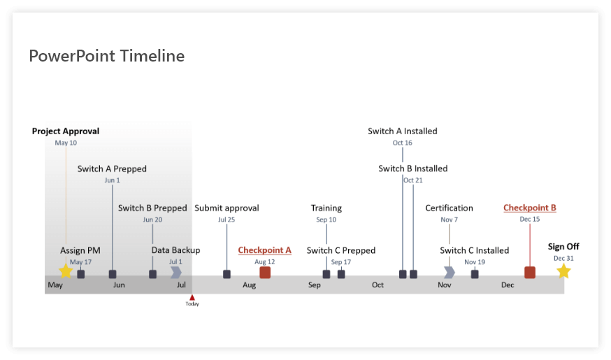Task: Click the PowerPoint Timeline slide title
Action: (107, 56)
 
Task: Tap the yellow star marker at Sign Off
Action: (563, 271)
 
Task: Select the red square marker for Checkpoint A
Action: (265, 273)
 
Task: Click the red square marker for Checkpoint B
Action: (530, 273)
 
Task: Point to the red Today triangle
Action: (192, 297)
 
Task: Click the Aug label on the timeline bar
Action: (250, 285)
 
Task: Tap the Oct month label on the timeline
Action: (378, 285)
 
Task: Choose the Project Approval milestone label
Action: (66, 131)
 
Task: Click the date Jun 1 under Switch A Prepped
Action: (113, 180)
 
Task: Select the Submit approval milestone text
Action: (227, 208)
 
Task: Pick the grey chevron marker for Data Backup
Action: (175, 273)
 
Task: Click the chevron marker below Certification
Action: (450, 273)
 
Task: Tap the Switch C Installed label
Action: (474, 250)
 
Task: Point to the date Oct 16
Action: (403, 143)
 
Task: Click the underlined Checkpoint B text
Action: (530, 208)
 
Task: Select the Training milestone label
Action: (326, 208)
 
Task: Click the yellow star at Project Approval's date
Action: (66, 271)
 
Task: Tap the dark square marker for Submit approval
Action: (227, 274)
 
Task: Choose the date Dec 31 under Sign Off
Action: (563, 258)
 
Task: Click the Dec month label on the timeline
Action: (508, 285)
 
